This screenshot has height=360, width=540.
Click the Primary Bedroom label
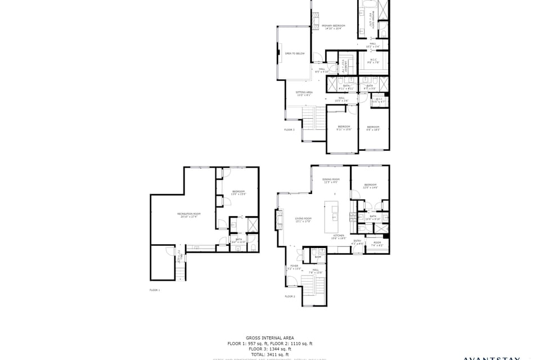pyautogui.click(x=333, y=26)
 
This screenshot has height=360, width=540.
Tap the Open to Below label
pyautogui.click(x=295, y=53)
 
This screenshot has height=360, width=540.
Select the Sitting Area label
pyautogui.click(x=304, y=93)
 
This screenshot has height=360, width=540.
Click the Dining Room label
pyautogui.click(x=331, y=181)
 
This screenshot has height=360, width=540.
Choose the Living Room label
pyautogui.click(x=304, y=219)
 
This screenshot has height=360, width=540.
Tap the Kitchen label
pyautogui.click(x=339, y=237)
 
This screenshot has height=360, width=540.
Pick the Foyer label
pyautogui.click(x=294, y=267)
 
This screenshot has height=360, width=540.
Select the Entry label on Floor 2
pyautogui.click(x=357, y=242)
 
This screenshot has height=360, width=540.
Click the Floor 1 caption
pyautogui.click(x=155, y=290)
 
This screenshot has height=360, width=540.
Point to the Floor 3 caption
pyautogui.click(x=289, y=130)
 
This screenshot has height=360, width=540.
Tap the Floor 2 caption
pyautogui.click(x=290, y=296)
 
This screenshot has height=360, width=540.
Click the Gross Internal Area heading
pyautogui.click(x=270, y=338)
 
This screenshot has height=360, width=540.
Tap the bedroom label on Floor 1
pyautogui.click(x=239, y=192)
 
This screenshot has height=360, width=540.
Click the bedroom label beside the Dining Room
pyautogui.click(x=370, y=186)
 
